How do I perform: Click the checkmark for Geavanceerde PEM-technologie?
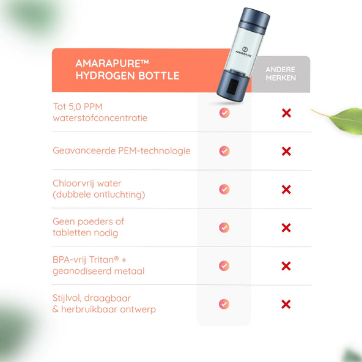(x=224, y=151)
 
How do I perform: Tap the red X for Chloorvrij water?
(x=286, y=190)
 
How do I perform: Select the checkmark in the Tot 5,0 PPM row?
(x=224, y=113)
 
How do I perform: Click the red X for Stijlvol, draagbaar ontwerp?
(x=286, y=305)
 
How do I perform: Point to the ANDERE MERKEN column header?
(x=281, y=73)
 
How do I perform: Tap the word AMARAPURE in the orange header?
(x=108, y=64)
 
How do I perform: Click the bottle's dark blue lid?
(x=254, y=18)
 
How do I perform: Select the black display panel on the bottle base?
(x=232, y=86)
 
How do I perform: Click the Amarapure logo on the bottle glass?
(x=244, y=52)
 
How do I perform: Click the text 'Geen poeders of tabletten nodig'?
(x=89, y=227)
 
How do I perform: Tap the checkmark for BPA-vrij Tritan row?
(x=224, y=266)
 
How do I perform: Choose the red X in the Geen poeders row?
(x=286, y=227)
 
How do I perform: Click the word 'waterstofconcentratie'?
(x=100, y=118)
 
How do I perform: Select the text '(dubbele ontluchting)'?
(x=99, y=194)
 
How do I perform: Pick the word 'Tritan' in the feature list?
(x=102, y=260)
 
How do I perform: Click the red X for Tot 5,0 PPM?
(x=287, y=113)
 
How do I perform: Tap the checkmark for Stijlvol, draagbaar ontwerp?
(x=224, y=304)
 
